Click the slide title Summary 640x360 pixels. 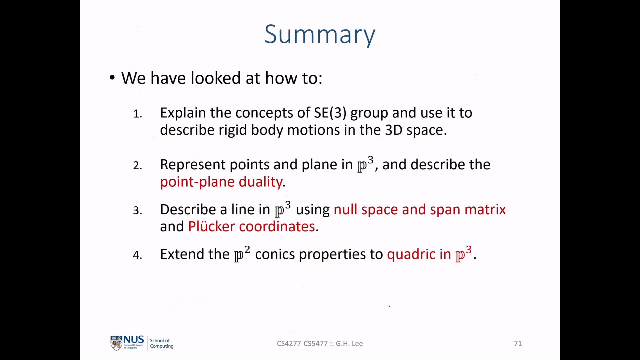(320, 35)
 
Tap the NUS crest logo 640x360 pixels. (116, 343)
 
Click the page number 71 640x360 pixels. (518, 343)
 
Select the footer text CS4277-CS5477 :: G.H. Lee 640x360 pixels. (320, 343)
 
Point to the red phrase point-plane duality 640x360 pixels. (221, 182)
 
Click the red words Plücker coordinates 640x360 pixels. (252, 226)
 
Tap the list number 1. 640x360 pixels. (137, 114)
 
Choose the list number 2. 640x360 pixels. (137, 166)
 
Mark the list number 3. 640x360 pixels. (137, 211)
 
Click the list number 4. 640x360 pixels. (137, 255)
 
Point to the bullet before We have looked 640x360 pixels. (112, 78)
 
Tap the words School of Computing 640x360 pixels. (162, 343)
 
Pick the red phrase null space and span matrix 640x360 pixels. (420, 210)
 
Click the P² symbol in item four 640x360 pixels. (242, 254)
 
